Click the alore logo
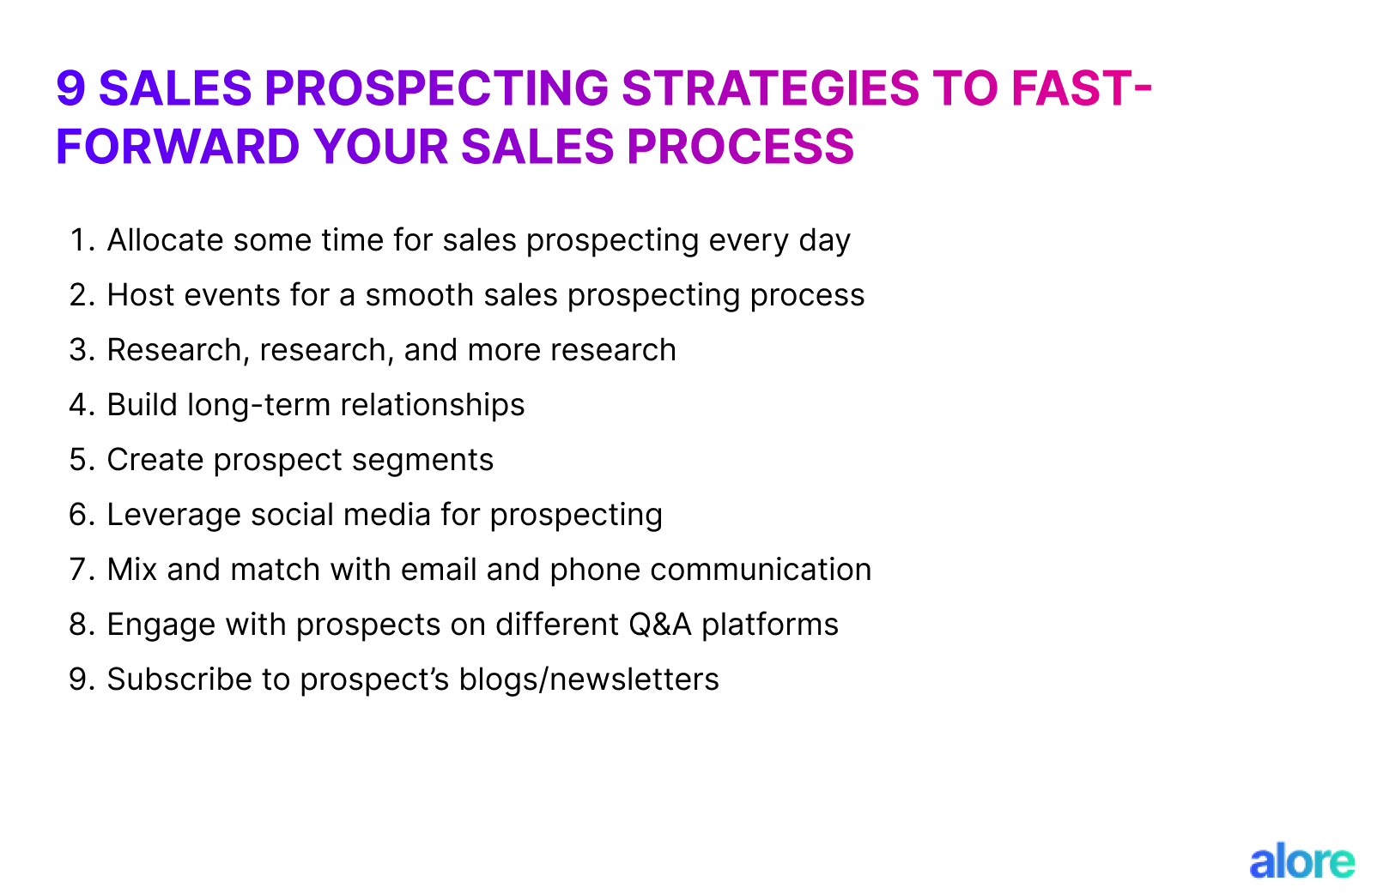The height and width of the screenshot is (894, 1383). coord(1301,861)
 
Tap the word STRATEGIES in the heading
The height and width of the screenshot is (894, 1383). coord(769,88)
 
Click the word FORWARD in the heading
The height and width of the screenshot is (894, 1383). coord(177,146)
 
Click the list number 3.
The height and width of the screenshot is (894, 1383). coord(80,350)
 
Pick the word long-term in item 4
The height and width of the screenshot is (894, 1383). coord(262,405)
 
